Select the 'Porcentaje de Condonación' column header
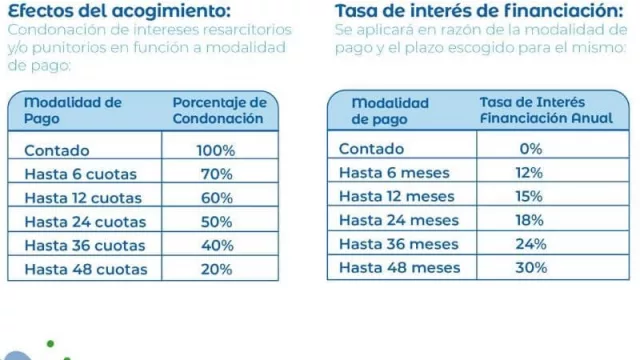(x=219, y=110)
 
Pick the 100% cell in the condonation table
(x=216, y=151)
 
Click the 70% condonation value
(x=216, y=174)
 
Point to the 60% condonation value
(x=216, y=197)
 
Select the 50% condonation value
(x=216, y=221)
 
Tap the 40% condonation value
(x=216, y=244)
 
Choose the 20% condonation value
(x=216, y=268)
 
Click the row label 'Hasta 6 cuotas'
(x=80, y=174)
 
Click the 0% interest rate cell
(x=530, y=149)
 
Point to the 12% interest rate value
(x=530, y=173)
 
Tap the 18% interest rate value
(x=530, y=220)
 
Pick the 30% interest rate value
(x=530, y=267)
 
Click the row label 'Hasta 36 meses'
(x=399, y=244)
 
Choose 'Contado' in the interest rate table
(x=372, y=149)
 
